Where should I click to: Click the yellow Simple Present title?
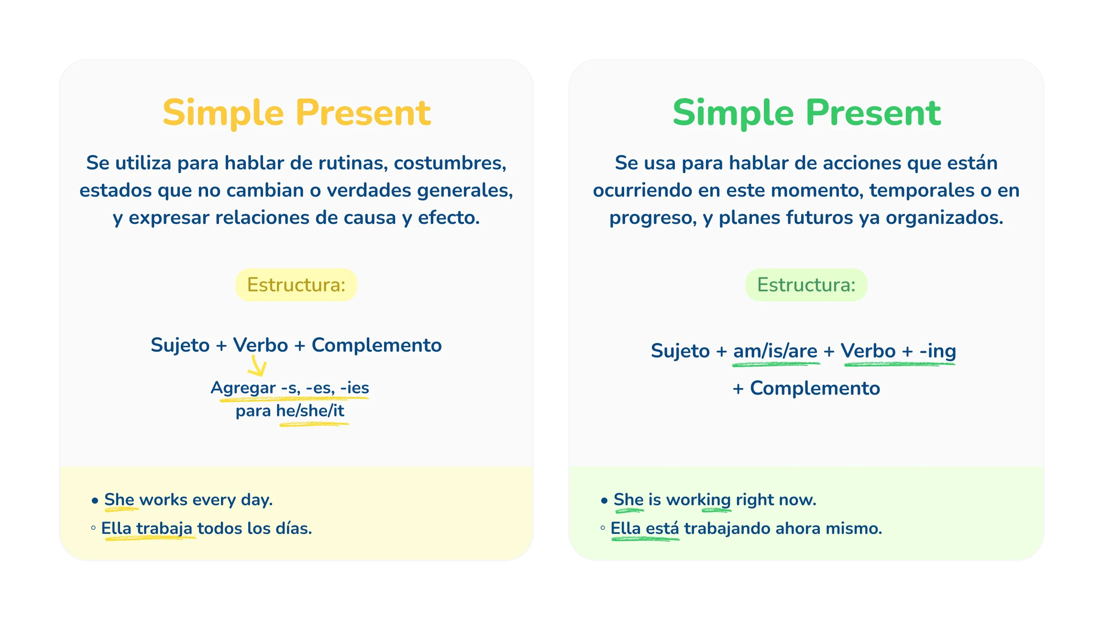point(297,113)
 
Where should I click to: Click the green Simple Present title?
point(806,113)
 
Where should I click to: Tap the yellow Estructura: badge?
point(296,285)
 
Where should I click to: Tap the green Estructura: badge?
point(806,285)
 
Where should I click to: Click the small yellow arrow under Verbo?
point(257,367)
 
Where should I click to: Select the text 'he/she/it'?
point(310,411)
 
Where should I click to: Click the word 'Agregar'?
point(243,387)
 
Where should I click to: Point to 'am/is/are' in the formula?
point(775,351)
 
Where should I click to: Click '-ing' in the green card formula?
point(937,351)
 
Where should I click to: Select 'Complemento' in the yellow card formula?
point(376,345)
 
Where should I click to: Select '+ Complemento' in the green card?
point(806,388)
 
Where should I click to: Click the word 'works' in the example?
point(163,500)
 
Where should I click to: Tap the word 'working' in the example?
point(698,500)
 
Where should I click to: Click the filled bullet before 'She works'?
point(95,501)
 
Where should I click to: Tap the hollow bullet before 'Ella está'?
point(603,528)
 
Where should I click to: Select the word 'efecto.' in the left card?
point(449,218)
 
